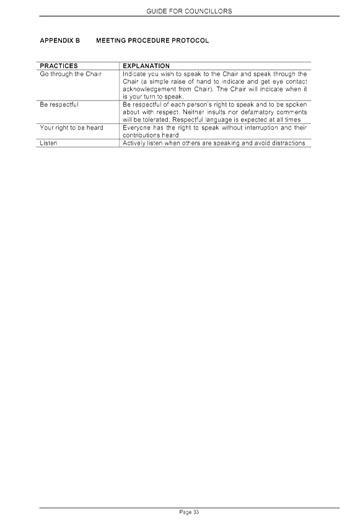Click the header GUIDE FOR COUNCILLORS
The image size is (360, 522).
coord(189,11)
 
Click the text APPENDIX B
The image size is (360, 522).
coord(60,41)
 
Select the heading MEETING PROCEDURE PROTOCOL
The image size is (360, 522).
coord(152,41)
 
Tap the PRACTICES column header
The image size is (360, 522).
coord(59,66)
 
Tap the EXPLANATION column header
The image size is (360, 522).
coord(146,66)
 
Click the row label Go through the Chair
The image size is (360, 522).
coord(71,74)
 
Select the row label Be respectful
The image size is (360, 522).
coord(59,105)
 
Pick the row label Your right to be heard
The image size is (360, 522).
coord(71,128)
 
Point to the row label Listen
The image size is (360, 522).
coord(48,143)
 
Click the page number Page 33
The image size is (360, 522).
coord(189,512)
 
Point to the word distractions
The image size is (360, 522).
coord(288,143)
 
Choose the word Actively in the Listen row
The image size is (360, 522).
coord(134,143)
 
